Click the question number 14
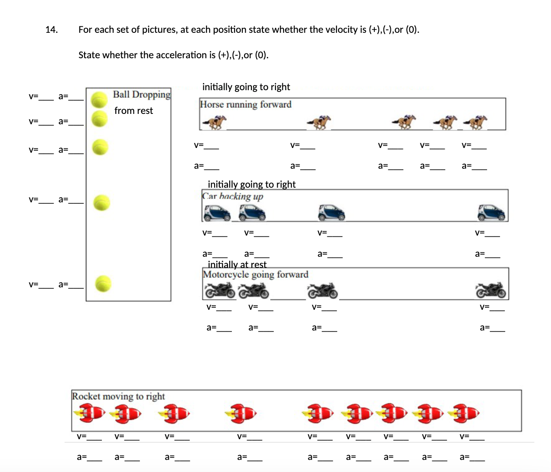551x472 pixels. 51,30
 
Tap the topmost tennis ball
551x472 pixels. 99,100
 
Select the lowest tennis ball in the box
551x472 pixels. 103,283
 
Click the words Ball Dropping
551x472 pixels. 142,94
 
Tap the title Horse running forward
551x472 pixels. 246,104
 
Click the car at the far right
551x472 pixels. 491,212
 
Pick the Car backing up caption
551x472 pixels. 233,196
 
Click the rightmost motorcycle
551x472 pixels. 491,290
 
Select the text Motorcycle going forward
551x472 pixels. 256,274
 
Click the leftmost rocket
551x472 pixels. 89,413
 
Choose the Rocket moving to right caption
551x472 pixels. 118,396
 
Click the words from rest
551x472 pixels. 133,111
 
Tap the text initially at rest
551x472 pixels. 237,264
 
